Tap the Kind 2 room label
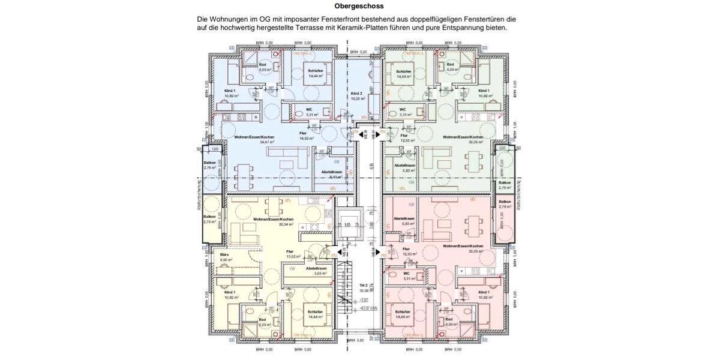coord(357,94)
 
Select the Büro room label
coord(225,255)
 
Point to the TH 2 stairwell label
coord(363,286)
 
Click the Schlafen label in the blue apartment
coord(316,71)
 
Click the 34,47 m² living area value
coord(266,142)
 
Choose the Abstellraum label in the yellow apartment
coord(316,268)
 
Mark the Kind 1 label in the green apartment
coord(484,91)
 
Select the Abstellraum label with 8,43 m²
coord(331,172)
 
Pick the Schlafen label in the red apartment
coord(403,312)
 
